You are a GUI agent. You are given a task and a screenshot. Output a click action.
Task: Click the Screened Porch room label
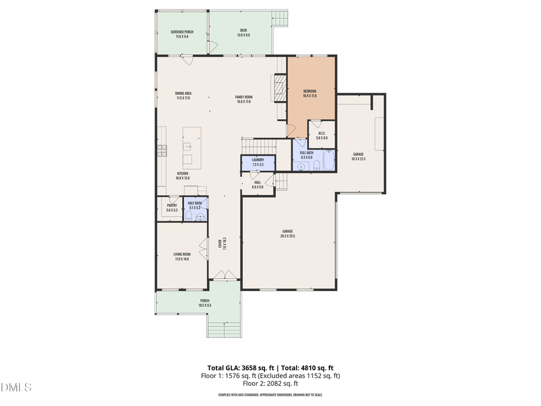182,34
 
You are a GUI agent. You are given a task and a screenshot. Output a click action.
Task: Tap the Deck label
243,32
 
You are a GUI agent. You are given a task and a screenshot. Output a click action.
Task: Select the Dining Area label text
183,96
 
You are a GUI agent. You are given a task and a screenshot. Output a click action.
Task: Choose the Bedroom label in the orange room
310,93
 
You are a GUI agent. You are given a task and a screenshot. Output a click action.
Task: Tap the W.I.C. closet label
322,135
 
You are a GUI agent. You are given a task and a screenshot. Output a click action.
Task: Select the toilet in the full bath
301,167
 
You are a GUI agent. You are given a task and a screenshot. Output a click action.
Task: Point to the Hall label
257,185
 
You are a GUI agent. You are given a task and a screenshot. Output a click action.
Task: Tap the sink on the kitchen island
188,146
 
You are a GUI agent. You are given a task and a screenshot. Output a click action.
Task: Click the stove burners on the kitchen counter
161,150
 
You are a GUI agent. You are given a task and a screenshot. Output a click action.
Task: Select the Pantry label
171,208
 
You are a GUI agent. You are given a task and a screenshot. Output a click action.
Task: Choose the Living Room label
182,257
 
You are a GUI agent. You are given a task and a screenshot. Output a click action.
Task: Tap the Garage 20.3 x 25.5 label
288,233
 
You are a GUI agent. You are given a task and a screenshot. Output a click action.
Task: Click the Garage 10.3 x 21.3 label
358,156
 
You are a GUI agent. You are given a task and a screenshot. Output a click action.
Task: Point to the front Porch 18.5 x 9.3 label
205,303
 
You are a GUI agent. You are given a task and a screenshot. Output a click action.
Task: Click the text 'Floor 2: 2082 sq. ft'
270,383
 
